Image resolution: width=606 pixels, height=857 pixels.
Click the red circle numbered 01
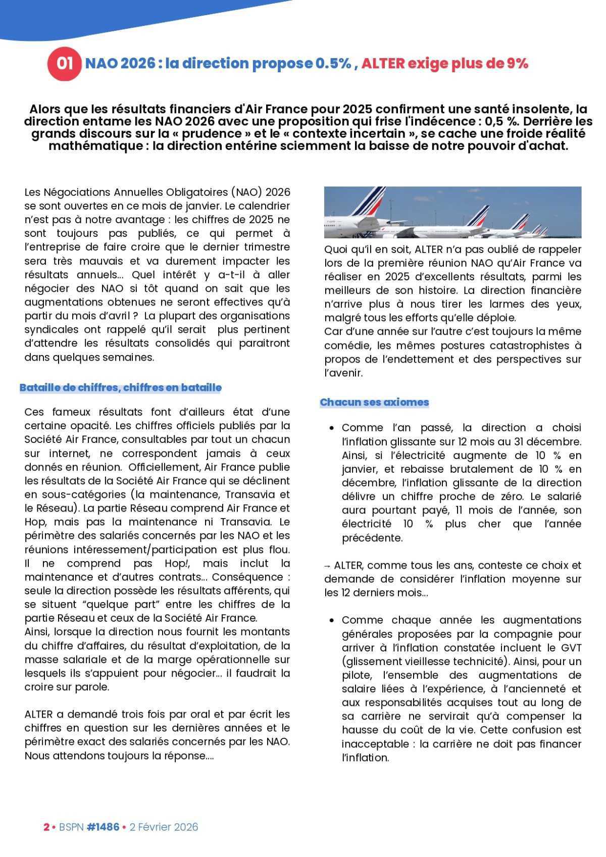coord(64,64)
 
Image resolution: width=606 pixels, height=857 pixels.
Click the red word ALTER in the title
coord(383,64)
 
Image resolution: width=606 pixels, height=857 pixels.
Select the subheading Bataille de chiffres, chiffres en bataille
coord(121,388)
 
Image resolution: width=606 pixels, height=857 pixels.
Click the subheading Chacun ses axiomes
coord(374,402)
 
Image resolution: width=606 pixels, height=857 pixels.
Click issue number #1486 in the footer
coord(103,827)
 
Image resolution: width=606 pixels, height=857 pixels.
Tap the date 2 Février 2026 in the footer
coord(164,827)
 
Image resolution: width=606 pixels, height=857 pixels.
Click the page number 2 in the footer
coord(46,827)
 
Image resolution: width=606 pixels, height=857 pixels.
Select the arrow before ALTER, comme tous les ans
coord(328,566)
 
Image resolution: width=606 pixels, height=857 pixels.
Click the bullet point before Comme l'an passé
coord(331,428)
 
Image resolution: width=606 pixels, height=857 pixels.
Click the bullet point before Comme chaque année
coord(331,621)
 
